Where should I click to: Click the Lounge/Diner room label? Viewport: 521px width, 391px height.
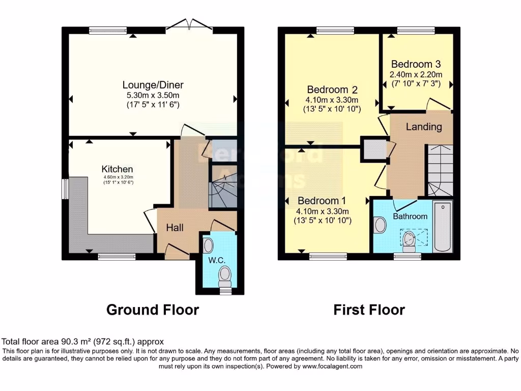point(153,85)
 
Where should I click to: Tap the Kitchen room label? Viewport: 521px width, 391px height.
point(117,169)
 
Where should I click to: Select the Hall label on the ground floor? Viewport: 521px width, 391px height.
point(175,228)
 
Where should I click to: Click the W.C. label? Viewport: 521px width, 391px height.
point(216,260)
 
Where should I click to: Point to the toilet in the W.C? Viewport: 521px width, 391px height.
point(224,277)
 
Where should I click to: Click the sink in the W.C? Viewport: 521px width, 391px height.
point(208,246)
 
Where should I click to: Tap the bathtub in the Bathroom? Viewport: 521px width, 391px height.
point(443,227)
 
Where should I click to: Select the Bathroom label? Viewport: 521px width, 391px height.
point(410,216)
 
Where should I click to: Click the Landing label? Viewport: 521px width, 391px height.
point(423,127)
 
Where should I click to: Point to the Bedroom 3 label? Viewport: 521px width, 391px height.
point(415,65)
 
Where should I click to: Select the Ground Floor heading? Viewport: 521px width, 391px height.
point(152,310)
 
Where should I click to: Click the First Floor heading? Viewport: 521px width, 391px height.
point(369,310)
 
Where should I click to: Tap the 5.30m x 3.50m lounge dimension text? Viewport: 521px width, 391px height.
point(153,95)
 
